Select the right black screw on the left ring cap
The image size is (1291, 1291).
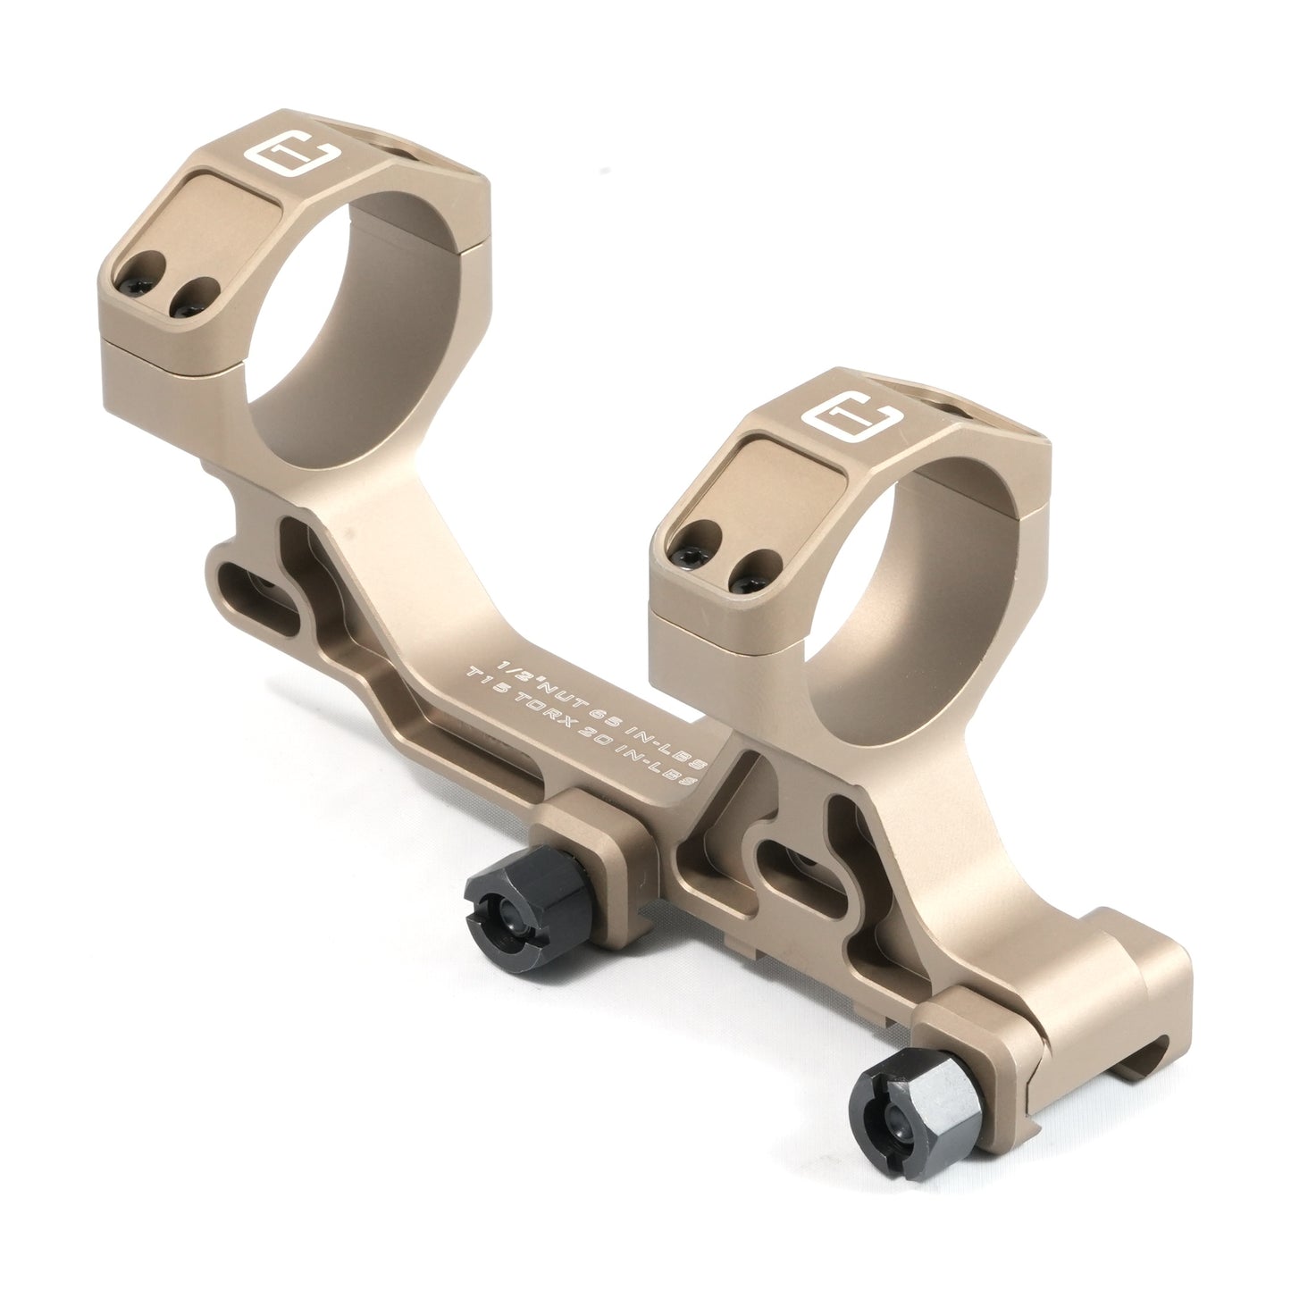point(194,299)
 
